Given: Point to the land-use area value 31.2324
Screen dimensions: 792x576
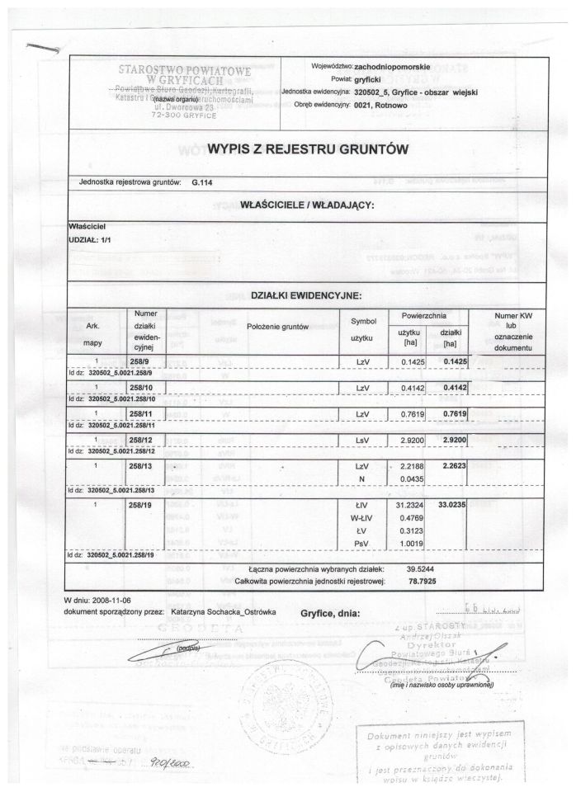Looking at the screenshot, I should (x=405, y=503).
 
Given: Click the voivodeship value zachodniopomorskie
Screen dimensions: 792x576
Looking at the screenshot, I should (x=399, y=64).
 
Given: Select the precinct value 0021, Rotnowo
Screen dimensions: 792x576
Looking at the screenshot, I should (x=388, y=106).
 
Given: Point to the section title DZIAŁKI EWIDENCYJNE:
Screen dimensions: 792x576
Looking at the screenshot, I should (x=308, y=295).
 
